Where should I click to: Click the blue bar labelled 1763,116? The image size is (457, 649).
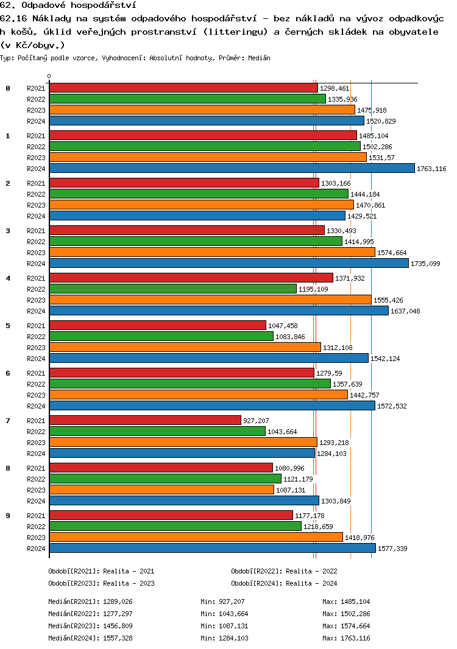click(232, 168)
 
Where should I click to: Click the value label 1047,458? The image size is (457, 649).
click(283, 326)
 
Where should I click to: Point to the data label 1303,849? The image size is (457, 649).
click(336, 501)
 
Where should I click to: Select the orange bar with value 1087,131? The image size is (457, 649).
click(161, 489)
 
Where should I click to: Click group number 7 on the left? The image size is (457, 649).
click(8, 421)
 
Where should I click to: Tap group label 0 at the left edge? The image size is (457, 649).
click(8, 88)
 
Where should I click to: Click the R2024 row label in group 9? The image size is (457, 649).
click(37, 548)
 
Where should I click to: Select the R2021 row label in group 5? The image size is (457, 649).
click(37, 326)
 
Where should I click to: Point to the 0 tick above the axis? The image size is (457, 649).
click(49, 77)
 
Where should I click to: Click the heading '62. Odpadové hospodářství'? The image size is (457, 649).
click(68, 5)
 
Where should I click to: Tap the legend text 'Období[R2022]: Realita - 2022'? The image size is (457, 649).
click(284, 571)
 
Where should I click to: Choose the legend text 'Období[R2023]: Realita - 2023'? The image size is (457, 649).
click(101, 583)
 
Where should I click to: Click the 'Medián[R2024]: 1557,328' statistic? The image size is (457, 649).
click(90, 638)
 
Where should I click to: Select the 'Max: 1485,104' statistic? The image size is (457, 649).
click(346, 602)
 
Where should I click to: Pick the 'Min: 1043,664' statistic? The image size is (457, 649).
click(224, 614)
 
